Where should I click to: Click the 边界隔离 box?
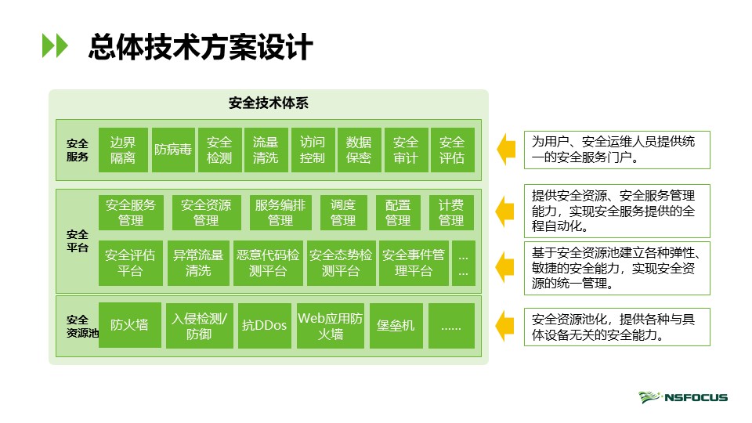coord(122,150)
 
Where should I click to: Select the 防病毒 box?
coord(173,150)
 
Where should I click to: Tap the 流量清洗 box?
coord(266,150)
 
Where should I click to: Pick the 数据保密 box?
coord(359,150)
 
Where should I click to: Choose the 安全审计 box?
coord(405,150)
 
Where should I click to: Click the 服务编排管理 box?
coord(280,212)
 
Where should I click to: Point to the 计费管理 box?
coord(451,212)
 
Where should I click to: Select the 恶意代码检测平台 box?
coord(269,262)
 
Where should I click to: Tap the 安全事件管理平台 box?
coord(414,262)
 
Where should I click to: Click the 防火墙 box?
coord(129,325)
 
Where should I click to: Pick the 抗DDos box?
coord(265,325)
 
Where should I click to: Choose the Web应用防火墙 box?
coord(330,325)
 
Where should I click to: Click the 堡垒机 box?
coord(396,325)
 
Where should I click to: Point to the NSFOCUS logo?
coord(683,397)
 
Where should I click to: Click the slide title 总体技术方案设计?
coord(201,47)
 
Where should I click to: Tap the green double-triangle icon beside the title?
coord(55,46)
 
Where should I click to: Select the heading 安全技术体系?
coord(268,103)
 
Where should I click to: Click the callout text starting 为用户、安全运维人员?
coord(616,150)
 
